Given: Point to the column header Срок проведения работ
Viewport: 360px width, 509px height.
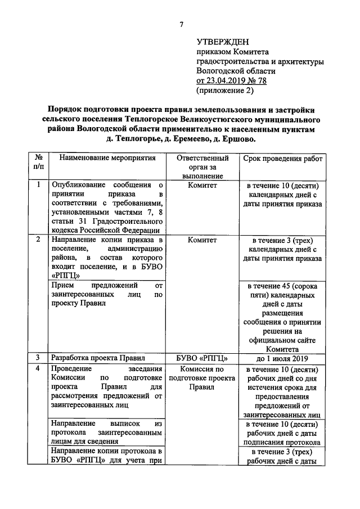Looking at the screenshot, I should [283, 159].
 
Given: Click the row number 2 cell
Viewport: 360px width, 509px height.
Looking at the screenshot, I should [38, 240].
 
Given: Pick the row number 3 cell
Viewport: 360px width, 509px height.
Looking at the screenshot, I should [38, 358].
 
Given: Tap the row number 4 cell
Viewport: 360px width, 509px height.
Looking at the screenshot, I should [38, 369].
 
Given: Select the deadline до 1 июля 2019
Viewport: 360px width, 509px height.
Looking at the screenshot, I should [283, 358].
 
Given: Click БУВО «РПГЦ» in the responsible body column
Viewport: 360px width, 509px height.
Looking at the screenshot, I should [201, 358].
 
